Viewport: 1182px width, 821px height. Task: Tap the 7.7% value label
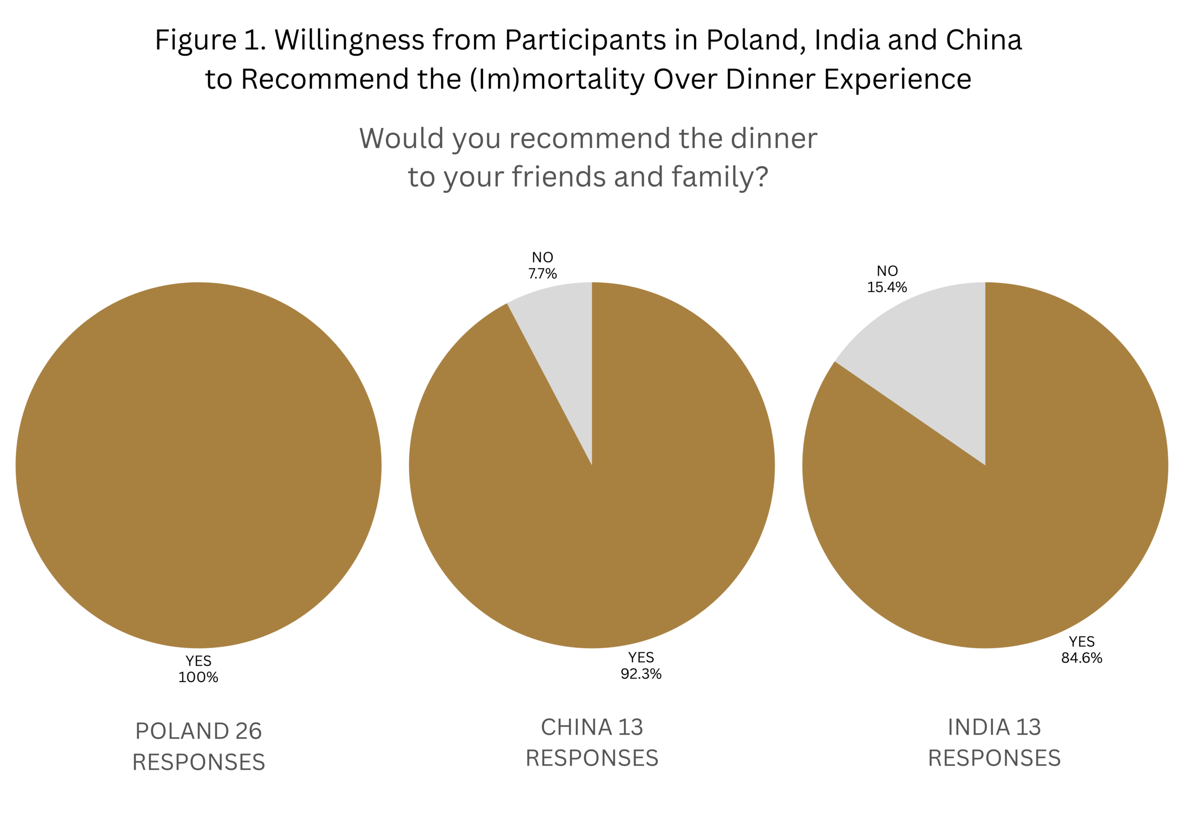tap(543, 274)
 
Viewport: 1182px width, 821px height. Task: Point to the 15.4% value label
tap(887, 287)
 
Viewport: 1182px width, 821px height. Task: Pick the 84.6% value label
tap(1082, 658)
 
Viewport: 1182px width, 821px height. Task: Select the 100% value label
tap(198, 677)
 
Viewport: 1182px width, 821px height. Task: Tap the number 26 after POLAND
tap(248, 731)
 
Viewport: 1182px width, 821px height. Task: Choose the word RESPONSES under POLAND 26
tap(199, 762)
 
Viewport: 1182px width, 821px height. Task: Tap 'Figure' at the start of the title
tap(195, 40)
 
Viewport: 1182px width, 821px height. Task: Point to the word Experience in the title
tap(897, 79)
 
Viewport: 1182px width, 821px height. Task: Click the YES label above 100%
tap(198, 661)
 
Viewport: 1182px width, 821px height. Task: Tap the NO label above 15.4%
tap(887, 271)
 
